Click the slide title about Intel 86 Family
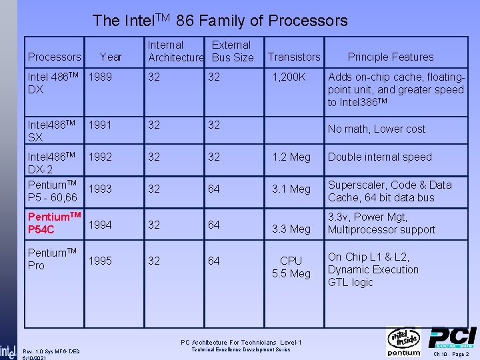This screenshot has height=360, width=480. pos(220,21)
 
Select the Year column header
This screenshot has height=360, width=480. pos(111,57)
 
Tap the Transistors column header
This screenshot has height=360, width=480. pos(294,57)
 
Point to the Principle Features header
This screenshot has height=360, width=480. pos(391,57)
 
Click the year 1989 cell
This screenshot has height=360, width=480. pos(100,77)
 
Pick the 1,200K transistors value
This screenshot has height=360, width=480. pos(288,77)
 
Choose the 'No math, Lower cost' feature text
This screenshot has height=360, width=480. pos(376,129)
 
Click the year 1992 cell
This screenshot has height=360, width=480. pos(100,157)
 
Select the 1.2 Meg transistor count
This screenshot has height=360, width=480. pos(291,157)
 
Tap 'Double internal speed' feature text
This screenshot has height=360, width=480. pos(380,157)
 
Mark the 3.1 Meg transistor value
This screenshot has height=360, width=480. pos(291,189)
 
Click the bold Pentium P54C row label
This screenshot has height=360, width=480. pos(54,223)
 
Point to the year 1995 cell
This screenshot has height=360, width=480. pos(100,261)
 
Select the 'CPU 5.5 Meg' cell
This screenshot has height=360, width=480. pos(291,267)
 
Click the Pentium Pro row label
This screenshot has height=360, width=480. pos(53,259)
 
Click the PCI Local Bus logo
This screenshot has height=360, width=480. pos(452,338)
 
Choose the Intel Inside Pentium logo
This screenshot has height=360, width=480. pos(404,342)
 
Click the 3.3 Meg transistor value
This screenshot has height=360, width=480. pos(291,229)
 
